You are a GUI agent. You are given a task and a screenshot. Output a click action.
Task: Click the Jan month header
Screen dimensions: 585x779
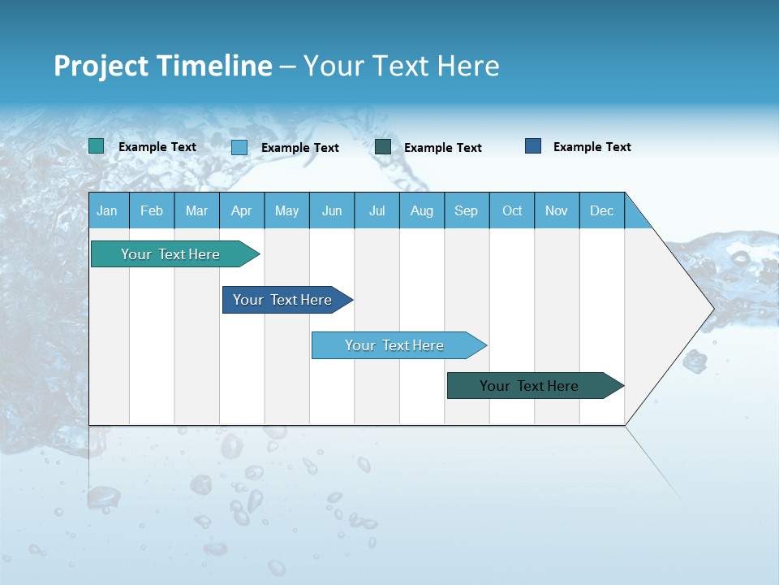[107, 210]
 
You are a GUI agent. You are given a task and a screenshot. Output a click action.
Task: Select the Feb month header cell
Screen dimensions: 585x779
[152, 210]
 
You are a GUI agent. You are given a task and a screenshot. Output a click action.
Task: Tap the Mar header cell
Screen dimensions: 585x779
[196, 210]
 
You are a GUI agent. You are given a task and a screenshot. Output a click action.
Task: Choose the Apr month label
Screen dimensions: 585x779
[241, 210]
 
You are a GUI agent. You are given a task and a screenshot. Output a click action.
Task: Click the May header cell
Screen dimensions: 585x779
[286, 210]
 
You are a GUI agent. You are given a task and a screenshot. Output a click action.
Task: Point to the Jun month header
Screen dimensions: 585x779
[332, 210]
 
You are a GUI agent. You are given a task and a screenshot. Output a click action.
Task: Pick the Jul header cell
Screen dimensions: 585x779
[377, 210]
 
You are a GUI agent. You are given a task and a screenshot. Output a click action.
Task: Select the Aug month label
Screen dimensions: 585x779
[422, 210]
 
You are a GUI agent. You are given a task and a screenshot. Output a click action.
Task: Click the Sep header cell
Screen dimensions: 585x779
[467, 210]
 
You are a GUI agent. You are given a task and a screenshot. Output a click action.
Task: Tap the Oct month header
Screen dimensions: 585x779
[512, 210]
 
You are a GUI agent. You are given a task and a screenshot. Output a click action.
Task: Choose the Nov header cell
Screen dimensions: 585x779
[557, 210]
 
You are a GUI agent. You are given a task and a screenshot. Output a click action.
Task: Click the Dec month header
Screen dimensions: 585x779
[602, 210]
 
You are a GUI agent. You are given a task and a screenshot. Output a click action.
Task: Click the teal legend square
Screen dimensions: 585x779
[97, 146]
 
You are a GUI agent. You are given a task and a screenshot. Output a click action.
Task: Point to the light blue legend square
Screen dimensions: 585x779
[239, 147]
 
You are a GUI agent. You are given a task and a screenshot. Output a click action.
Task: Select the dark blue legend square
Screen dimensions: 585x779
[533, 146]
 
